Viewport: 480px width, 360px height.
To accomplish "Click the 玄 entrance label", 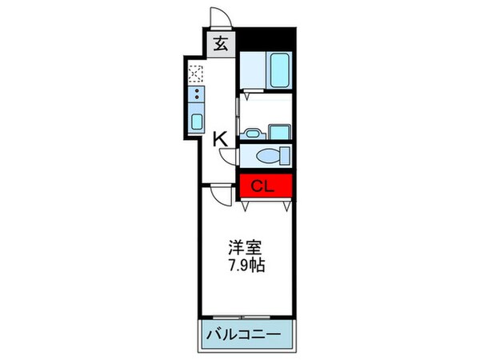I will tap(222, 44).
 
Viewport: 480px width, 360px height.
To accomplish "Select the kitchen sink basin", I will tap(195, 122).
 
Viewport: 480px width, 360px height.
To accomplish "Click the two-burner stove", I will tap(195, 98).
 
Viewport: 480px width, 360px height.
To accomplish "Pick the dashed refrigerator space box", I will tap(195, 75).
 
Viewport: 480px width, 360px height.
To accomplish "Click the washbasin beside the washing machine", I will tap(253, 134).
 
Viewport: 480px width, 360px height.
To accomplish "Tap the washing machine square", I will tap(278, 131).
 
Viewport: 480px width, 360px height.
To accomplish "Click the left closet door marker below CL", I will tap(245, 205).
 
